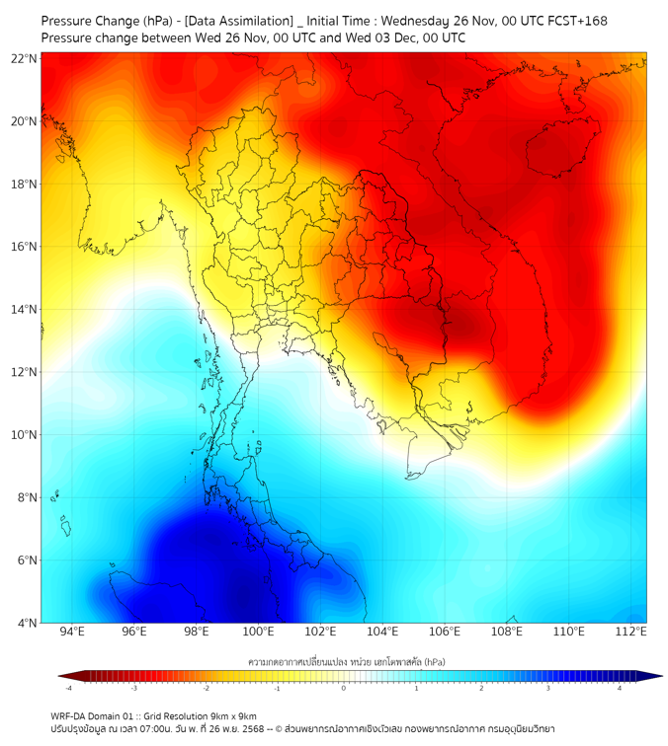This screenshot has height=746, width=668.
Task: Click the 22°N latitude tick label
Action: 25,58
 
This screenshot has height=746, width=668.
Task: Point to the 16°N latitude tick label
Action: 25,247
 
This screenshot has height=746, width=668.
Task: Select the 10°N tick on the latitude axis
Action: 25,435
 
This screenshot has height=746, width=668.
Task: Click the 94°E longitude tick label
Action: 72,632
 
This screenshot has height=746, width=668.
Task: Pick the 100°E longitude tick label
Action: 259,632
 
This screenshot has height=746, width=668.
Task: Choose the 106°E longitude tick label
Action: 445,632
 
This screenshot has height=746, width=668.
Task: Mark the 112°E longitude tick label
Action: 631,632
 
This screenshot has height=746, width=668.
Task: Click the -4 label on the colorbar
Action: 68,688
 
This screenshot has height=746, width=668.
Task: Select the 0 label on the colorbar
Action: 344,688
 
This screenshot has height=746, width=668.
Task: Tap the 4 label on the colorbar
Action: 620,688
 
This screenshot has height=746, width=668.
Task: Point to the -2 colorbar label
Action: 206,688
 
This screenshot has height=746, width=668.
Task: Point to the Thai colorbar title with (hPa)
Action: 344,659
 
